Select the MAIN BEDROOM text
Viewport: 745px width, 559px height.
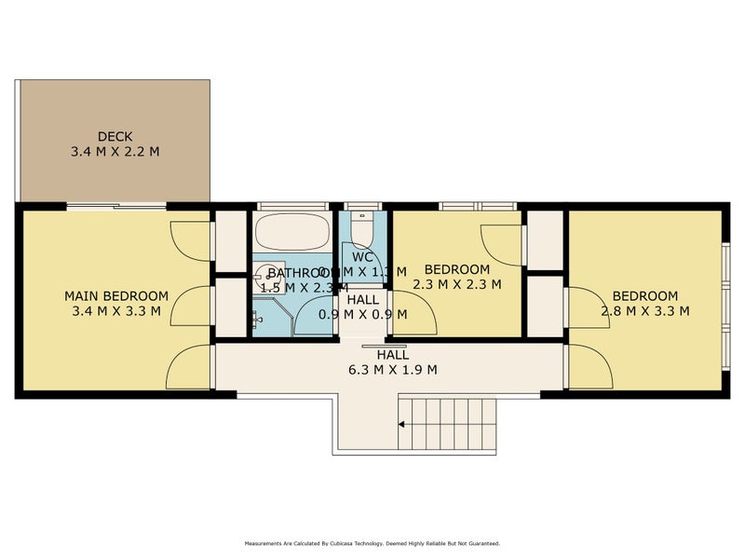[x=115, y=296]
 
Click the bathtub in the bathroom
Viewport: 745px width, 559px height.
[x=291, y=230]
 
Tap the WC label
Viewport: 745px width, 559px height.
[x=363, y=256]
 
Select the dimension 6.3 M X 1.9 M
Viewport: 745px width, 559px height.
[x=392, y=369]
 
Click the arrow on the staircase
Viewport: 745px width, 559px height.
[x=401, y=425]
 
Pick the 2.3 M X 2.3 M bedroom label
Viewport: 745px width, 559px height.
[x=456, y=285]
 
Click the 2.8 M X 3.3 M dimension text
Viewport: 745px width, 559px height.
[x=644, y=311]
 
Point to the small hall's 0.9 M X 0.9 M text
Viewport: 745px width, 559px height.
[x=363, y=314]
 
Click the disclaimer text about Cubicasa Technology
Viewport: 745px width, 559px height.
[x=372, y=543]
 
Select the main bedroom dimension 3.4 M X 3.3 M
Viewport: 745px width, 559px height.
[x=115, y=312]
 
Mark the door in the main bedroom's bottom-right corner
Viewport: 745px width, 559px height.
[x=189, y=368]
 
